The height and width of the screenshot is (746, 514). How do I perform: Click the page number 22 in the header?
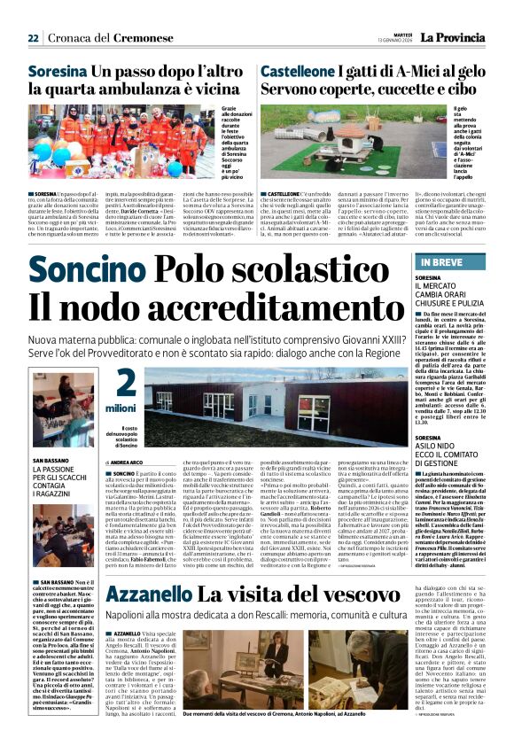point(33,38)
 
